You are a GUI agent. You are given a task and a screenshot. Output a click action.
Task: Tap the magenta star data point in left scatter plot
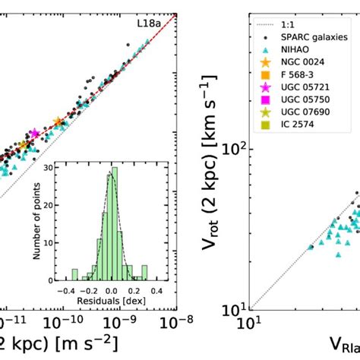click(33, 134)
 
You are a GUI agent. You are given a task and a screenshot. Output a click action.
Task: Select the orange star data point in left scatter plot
click(59, 122)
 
